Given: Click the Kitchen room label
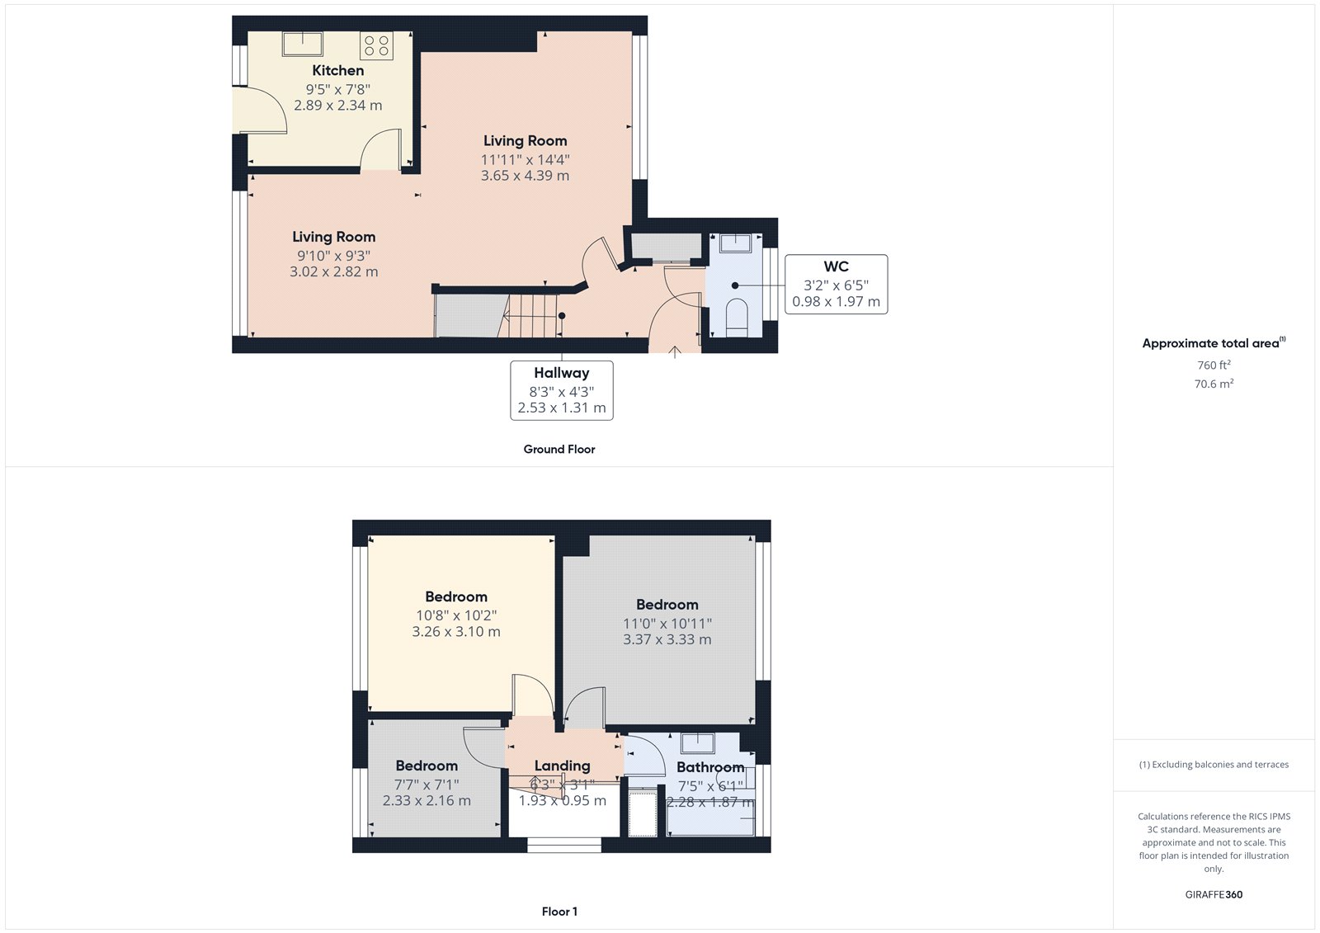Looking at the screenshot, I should [x=337, y=71].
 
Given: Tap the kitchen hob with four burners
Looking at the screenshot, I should [x=376, y=45].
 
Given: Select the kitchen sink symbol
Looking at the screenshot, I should [x=303, y=43].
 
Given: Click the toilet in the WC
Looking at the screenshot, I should [x=736, y=317].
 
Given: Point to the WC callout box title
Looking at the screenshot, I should [x=836, y=266].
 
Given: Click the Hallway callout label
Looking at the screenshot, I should [x=561, y=373].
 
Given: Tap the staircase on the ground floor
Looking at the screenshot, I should [x=532, y=316].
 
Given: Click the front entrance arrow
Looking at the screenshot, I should [x=674, y=351].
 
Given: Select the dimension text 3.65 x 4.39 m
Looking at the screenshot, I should [x=525, y=176].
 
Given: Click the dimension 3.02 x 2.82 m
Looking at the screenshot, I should [x=333, y=271].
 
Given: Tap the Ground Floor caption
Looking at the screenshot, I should [x=559, y=450].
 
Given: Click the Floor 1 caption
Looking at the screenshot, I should [x=559, y=912].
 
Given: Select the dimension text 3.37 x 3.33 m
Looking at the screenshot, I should [x=667, y=639].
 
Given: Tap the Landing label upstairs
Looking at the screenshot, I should [x=562, y=766].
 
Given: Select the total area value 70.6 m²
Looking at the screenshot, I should [x=1214, y=384].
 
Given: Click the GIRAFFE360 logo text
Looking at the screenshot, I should [x=1214, y=894].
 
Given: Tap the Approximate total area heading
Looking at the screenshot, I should [x=1210, y=343].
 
